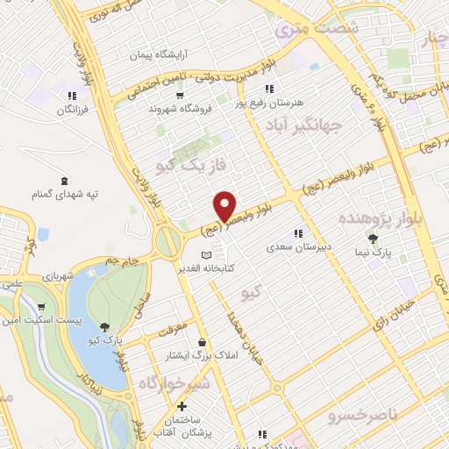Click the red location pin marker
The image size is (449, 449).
click(x=225, y=206)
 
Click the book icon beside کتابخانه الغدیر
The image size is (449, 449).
click(x=206, y=254)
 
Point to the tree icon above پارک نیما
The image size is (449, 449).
click(x=374, y=238)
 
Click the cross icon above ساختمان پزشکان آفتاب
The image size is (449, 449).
click(x=182, y=407)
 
